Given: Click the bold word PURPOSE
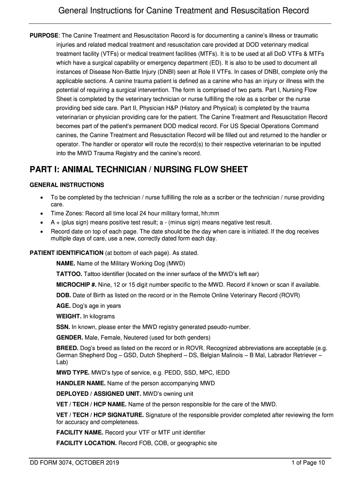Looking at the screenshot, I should pyautogui.click(x=44, y=36).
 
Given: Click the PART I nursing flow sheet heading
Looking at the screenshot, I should pyautogui.click(x=138, y=169).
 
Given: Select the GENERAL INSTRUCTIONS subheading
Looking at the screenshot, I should pyautogui.click(x=67, y=185).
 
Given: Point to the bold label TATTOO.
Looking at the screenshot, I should pyautogui.click(x=69, y=274).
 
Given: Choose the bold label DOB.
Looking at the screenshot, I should pyautogui.click(x=64, y=295).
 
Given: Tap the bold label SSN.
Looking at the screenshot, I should pyautogui.click(x=63, y=327).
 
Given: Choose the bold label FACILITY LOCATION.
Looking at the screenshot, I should pyautogui.click(x=86, y=443).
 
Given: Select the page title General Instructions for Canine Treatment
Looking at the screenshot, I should pyautogui.click(x=180, y=11).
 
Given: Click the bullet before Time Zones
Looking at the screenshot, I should pyautogui.click(x=42, y=212).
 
